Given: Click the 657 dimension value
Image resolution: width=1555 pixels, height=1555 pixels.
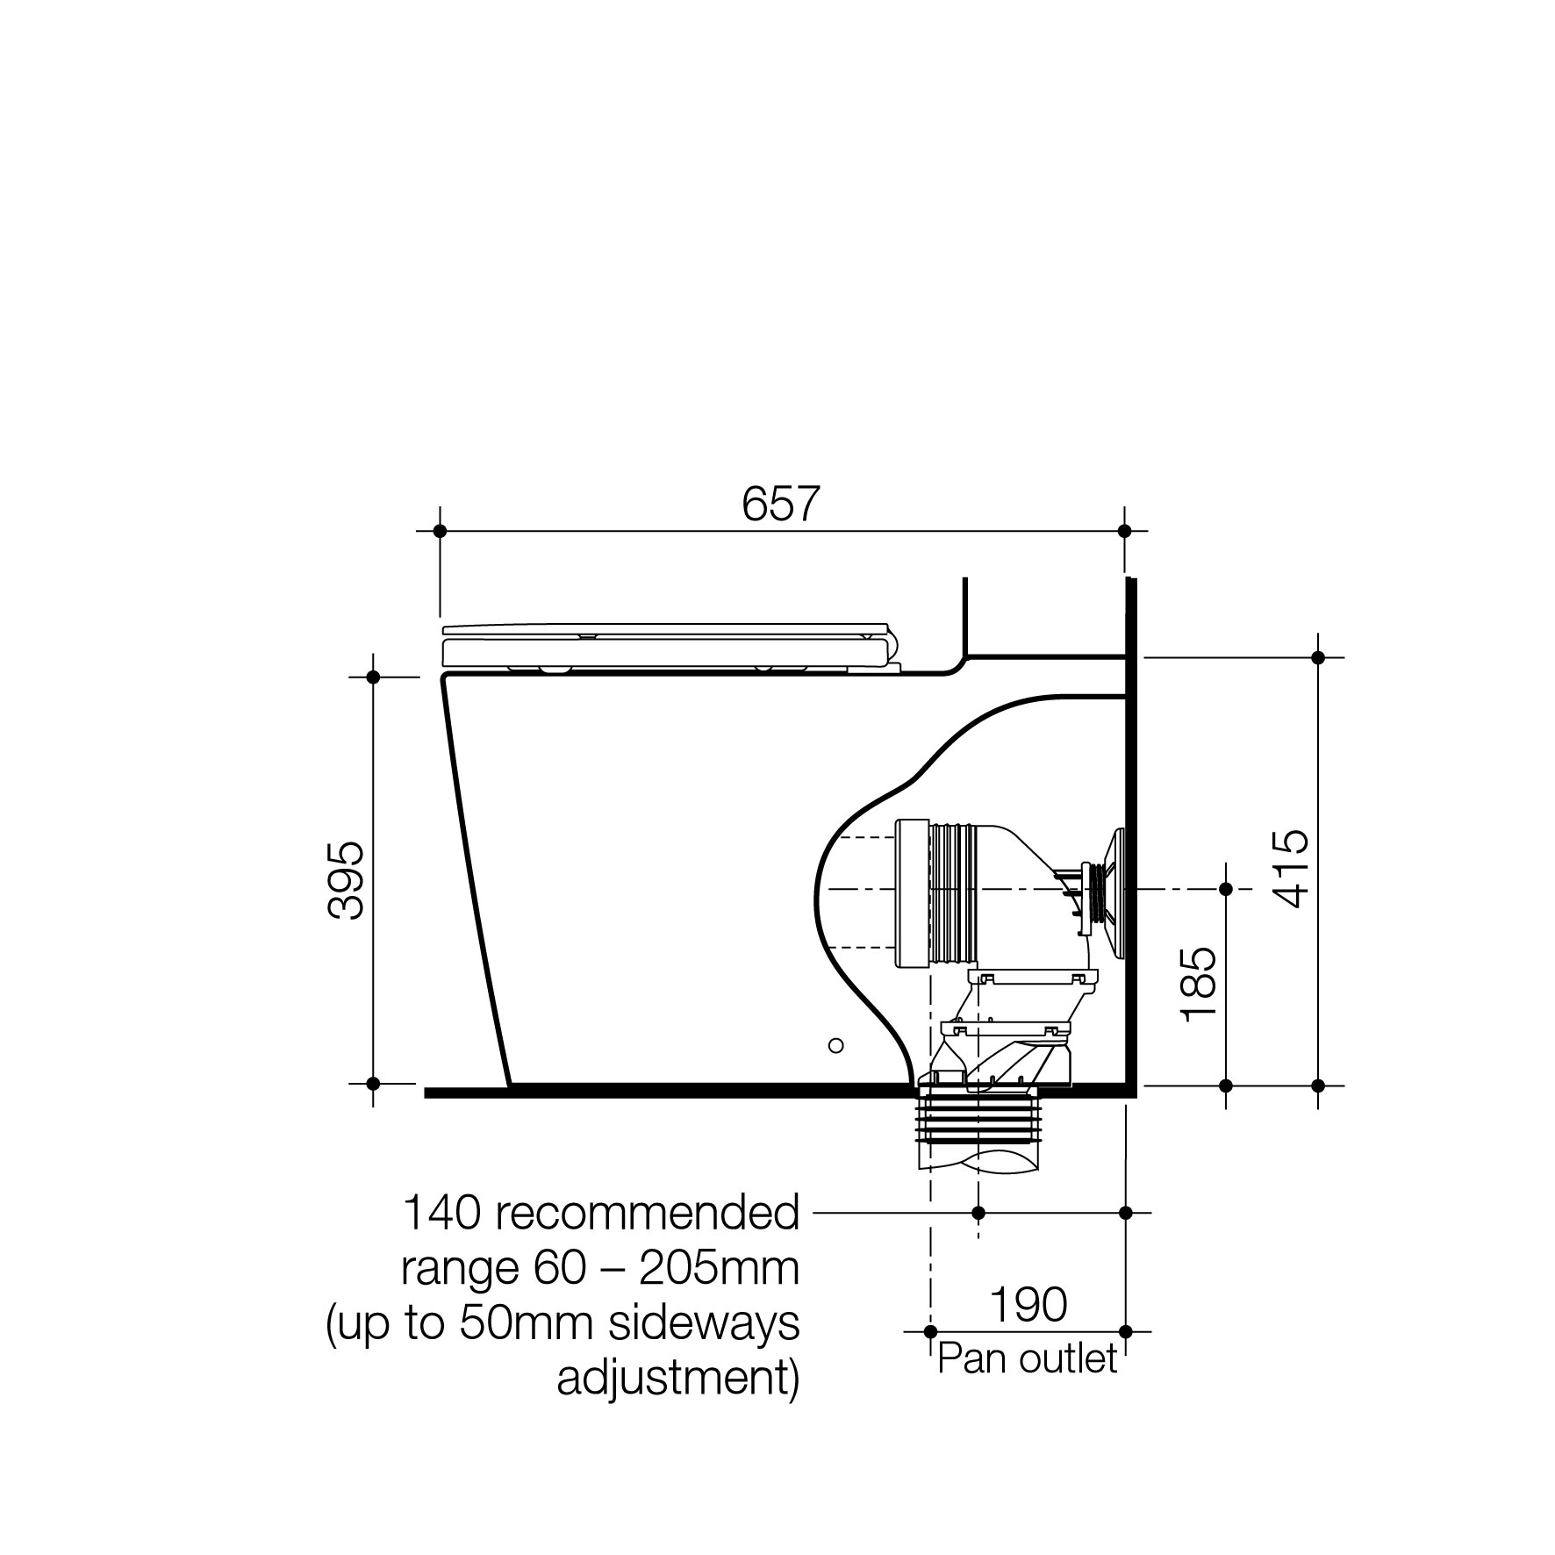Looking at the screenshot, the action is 780,504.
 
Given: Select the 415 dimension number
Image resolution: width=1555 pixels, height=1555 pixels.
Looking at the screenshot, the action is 1290,869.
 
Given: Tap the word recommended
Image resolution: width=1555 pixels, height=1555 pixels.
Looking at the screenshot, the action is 649,1213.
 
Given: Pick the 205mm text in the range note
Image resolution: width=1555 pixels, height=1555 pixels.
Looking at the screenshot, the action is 719,1268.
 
